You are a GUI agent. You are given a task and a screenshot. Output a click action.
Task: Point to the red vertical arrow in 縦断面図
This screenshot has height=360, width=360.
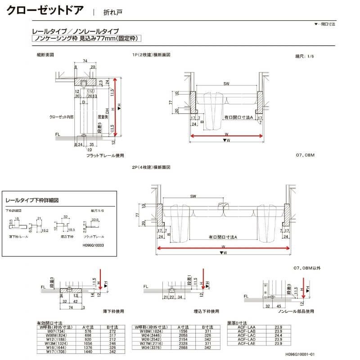click(116, 106)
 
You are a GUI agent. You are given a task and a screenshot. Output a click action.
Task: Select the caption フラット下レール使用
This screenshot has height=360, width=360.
click(104, 155)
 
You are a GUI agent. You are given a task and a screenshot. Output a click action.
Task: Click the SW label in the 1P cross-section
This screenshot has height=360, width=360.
click(225, 84)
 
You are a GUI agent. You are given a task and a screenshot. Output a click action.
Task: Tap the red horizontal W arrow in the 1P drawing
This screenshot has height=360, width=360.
click(225, 135)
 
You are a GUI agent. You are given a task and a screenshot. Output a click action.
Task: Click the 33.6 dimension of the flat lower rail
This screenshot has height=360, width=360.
click(94, 220)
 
